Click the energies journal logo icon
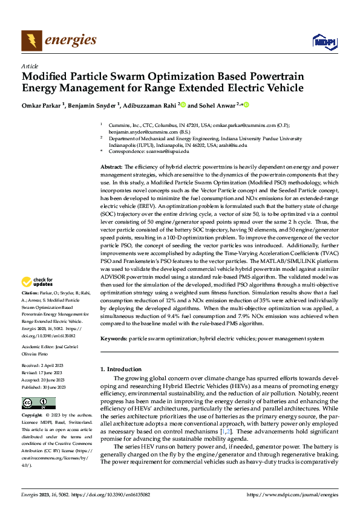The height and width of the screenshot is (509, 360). pos(31,41)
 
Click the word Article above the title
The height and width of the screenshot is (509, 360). pos(29,66)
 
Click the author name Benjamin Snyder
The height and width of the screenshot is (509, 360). pos(97,105)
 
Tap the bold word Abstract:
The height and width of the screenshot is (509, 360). pos(111,166)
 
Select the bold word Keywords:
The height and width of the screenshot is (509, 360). pos(113,339)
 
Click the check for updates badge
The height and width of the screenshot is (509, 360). pos(38,282)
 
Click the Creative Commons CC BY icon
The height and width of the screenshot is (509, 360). pos(38,403)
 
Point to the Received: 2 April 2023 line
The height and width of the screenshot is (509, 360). pos(41,366)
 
